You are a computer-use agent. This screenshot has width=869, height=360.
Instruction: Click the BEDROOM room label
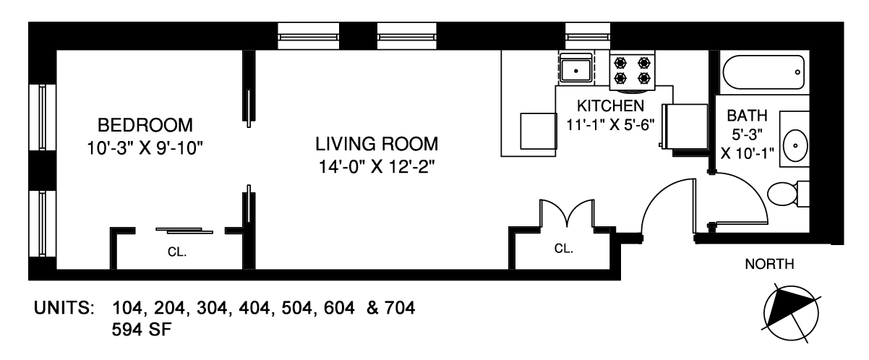[x=145, y=125]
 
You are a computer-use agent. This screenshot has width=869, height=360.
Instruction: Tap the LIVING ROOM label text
[x=377, y=144]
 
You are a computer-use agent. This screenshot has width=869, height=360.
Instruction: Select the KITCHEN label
[x=610, y=106]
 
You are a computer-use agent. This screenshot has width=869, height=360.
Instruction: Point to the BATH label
[x=748, y=116]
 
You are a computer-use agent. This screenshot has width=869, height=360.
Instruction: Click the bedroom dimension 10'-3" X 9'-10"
[x=145, y=148]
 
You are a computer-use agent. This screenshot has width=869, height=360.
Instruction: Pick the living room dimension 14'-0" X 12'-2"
[x=377, y=167]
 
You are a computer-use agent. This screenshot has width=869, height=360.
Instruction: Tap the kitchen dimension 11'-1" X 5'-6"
[x=610, y=125]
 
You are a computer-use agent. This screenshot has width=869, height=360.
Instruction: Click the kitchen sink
[x=575, y=69]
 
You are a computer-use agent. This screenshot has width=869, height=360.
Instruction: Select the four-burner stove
[x=633, y=71]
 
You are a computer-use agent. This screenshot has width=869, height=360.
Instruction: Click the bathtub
[x=763, y=72]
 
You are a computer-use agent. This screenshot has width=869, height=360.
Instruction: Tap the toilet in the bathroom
[x=787, y=194]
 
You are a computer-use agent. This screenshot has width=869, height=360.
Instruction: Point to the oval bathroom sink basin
[x=795, y=146]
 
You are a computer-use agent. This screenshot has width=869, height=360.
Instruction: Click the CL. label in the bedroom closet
[x=177, y=252]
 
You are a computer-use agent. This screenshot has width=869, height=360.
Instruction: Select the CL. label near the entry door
[x=564, y=248]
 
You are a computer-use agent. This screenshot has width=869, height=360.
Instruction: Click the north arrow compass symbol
[x=791, y=313]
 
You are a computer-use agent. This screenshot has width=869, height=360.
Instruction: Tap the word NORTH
[x=770, y=264]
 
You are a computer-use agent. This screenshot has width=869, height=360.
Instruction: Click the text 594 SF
[x=142, y=330]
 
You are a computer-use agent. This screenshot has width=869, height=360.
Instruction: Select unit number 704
[x=400, y=308]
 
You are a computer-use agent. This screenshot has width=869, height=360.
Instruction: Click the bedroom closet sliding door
[x=184, y=231]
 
